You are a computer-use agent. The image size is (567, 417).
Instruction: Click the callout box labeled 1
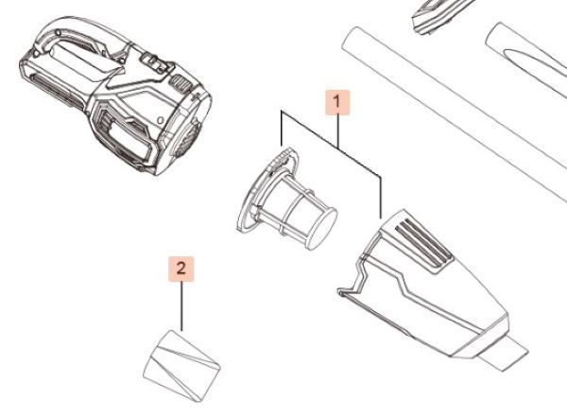[337, 102]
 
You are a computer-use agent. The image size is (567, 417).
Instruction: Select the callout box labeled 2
[181, 269]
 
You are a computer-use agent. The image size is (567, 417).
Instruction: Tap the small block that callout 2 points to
[181, 366]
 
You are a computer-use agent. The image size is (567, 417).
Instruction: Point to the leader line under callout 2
[181, 305]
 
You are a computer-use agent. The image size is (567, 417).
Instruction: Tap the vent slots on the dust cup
[423, 243]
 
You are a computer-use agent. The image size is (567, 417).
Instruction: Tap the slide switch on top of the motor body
[154, 61]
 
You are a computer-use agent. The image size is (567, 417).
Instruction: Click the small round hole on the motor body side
[160, 119]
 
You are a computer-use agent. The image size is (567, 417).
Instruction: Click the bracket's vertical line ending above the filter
[282, 129]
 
